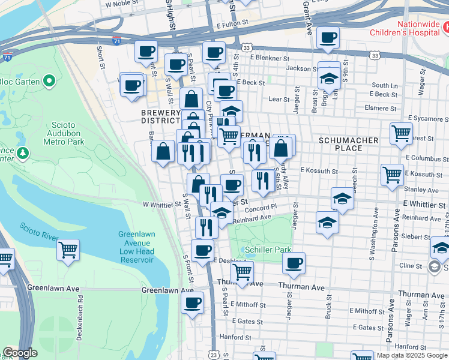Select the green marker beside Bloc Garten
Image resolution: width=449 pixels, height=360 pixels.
coord(50,81)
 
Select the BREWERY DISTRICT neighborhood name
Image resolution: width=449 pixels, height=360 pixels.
coord(160,117)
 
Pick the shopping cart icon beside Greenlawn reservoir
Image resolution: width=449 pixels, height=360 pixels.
coord(68,249)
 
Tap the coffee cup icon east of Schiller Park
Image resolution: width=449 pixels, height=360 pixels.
coord(294,263)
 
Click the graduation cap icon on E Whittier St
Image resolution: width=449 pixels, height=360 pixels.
coord(342,198)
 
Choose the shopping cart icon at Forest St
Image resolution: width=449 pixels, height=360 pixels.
coord(401,133)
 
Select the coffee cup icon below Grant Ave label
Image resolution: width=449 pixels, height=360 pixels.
coord(328,38)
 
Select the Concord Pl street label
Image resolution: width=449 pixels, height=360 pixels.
coord(260,208)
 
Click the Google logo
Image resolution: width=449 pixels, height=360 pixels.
coord(20,353)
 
